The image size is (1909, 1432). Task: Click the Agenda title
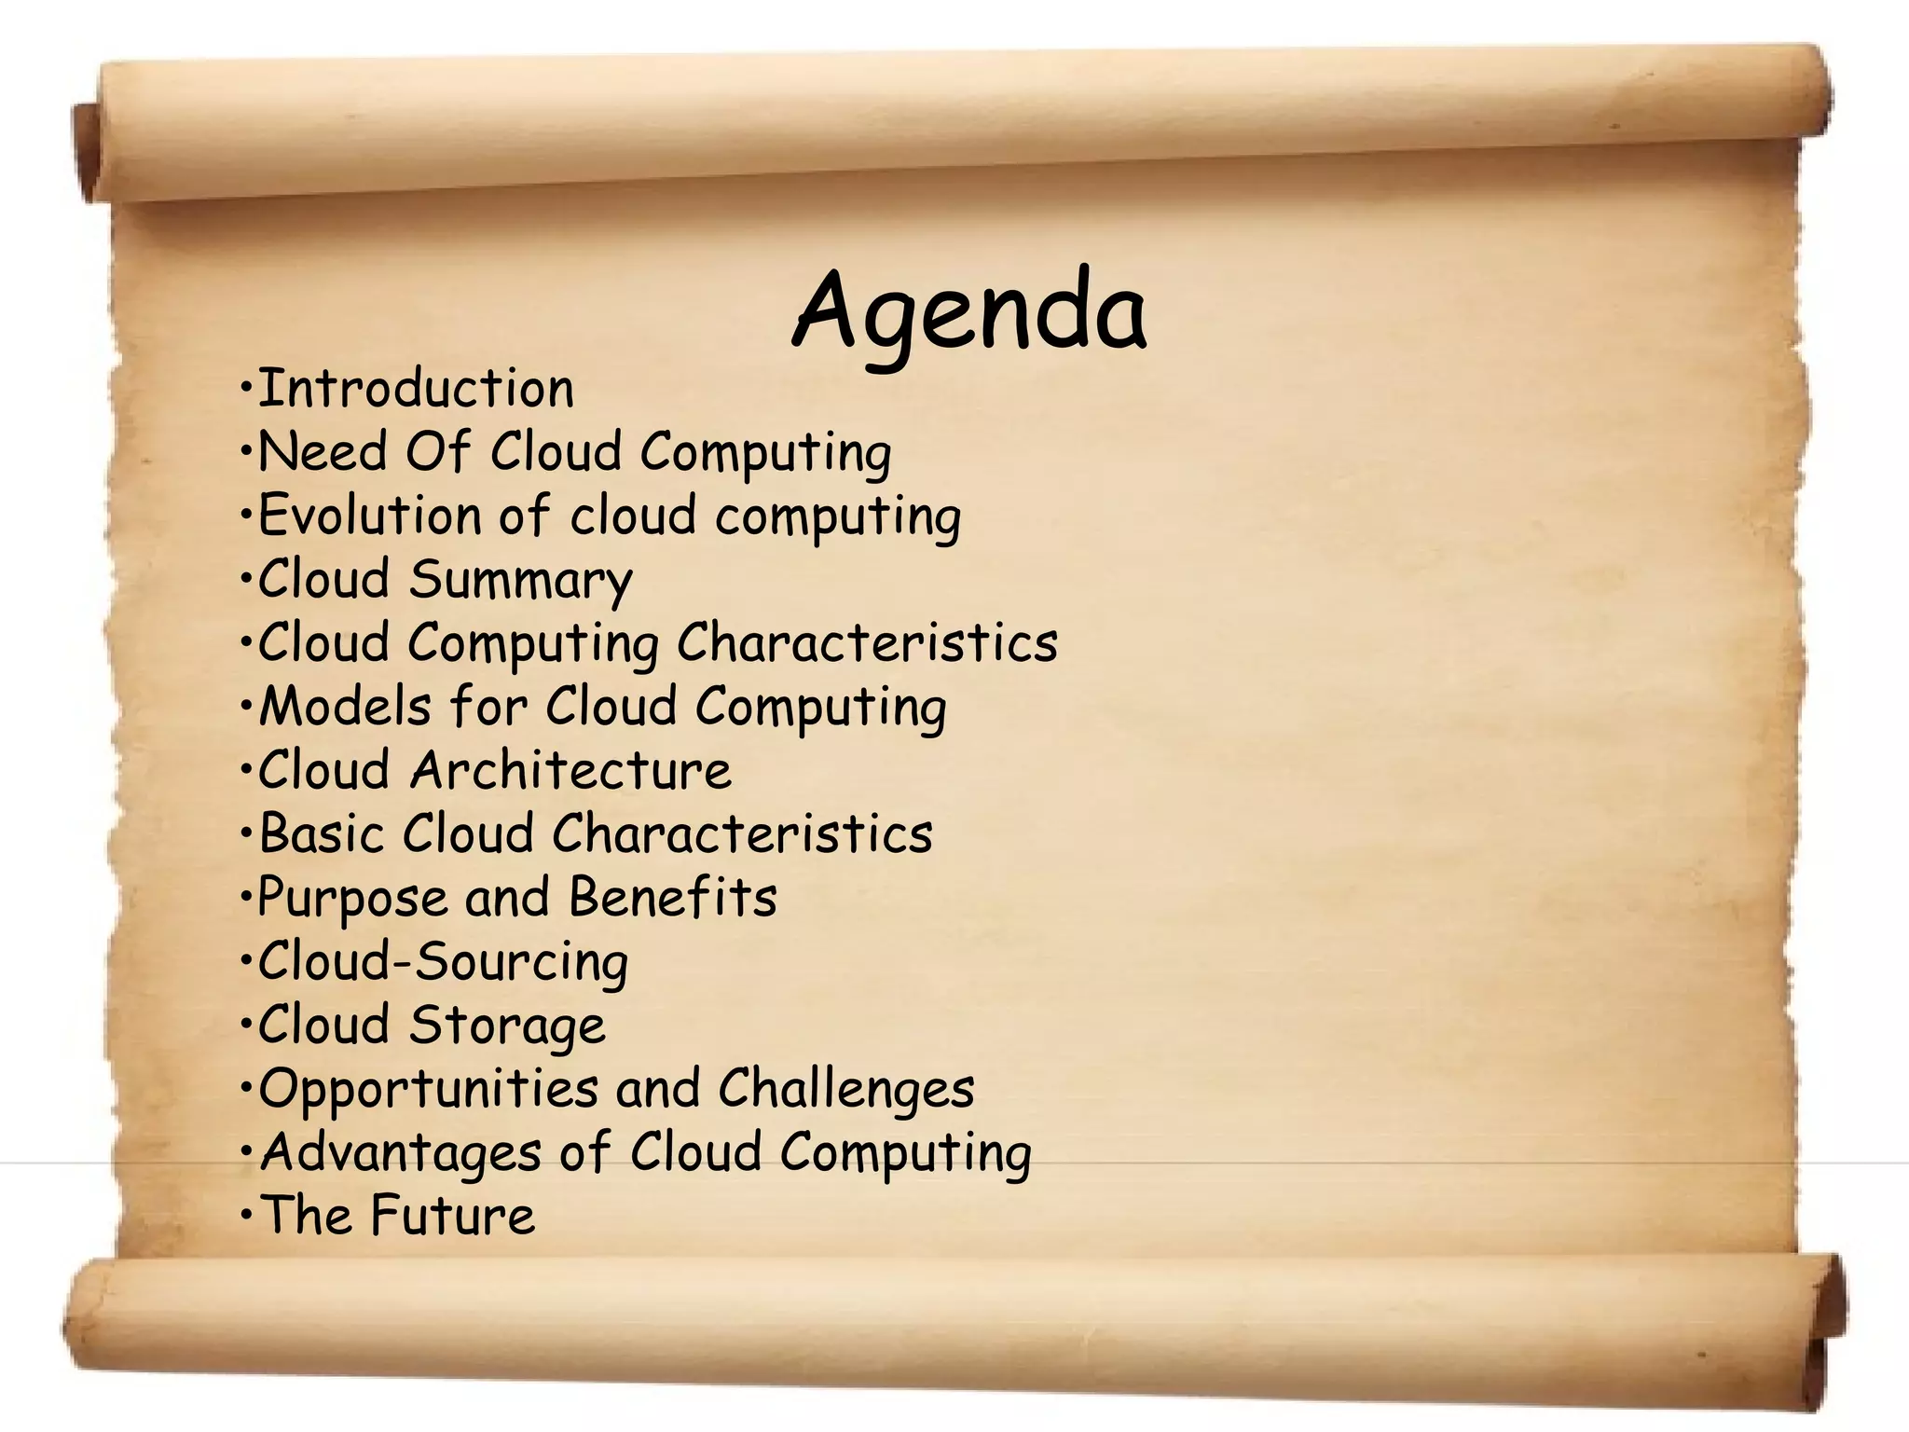click(969, 310)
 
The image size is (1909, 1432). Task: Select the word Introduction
click(416, 389)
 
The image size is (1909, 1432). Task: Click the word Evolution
click(369, 516)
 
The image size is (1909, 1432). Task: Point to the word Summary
click(520, 581)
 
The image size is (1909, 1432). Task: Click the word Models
click(345, 706)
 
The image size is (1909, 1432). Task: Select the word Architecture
click(570, 770)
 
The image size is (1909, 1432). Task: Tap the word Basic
click(321, 833)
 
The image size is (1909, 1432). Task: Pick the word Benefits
click(672, 897)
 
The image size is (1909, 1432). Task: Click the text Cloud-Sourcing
click(443, 961)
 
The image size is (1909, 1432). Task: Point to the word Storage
click(507, 1026)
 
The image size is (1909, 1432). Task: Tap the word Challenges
click(845, 1089)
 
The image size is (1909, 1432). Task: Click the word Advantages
click(401, 1152)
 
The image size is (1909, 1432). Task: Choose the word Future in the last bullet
click(452, 1216)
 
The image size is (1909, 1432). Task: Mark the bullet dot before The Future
click(245, 1214)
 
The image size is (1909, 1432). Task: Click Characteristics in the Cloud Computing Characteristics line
click(867, 642)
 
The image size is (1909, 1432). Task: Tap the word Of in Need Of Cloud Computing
click(437, 452)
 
